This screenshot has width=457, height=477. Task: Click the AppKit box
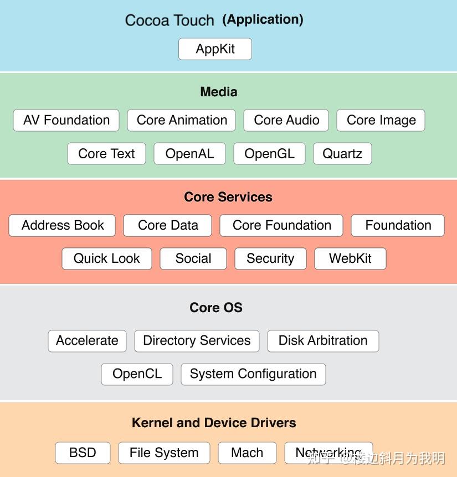(x=215, y=49)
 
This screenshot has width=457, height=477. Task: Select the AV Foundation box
(x=66, y=121)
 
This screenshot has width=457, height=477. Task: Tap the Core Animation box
(x=182, y=121)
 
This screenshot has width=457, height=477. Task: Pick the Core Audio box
(x=286, y=121)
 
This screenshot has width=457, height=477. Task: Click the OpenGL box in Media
(x=269, y=154)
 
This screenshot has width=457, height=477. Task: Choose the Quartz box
(x=342, y=154)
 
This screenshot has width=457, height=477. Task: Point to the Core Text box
(x=106, y=154)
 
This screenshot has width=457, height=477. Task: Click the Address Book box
(x=62, y=225)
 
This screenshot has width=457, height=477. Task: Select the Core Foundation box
(x=281, y=225)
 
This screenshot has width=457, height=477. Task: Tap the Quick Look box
(x=107, y=258)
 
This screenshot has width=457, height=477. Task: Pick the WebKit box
(x=350, y=258)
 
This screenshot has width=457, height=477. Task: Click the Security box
(x=270, y=258)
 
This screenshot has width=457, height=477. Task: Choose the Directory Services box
(x=197, y=341)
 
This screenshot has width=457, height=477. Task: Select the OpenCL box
(x=137, y=374)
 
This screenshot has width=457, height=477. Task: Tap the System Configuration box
(x=253, y=374)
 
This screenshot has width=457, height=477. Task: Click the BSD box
(x=83, y=453)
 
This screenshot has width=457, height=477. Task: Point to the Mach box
(x=247, y=453)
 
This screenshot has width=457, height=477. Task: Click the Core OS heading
(x=216, y=308)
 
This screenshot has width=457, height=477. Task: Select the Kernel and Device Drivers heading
(x=214, y=423)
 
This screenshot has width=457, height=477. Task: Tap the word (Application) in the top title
(x=263, y=20)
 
